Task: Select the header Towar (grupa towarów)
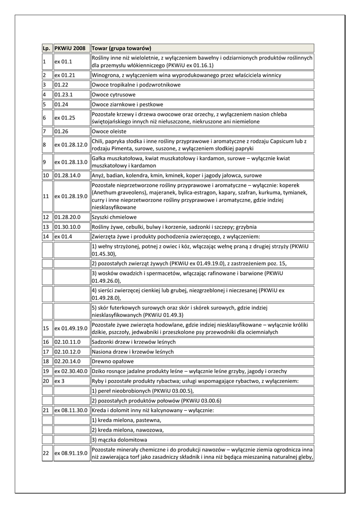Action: pos(121,48)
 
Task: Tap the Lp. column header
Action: pos(46,48)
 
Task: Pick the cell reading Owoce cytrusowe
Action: pos(113,95)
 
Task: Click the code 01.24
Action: pos(62,105)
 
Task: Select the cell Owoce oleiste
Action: pos(109,131)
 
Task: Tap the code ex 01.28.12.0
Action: pos(71,145)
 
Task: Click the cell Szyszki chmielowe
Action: pos(114,217)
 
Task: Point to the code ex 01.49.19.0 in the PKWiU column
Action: pos(71,328)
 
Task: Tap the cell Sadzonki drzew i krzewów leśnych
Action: pos(133,342)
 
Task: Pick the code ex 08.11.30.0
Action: pos(71,410)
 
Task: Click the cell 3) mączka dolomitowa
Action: pos(119,440)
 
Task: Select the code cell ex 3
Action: pos(59,381)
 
